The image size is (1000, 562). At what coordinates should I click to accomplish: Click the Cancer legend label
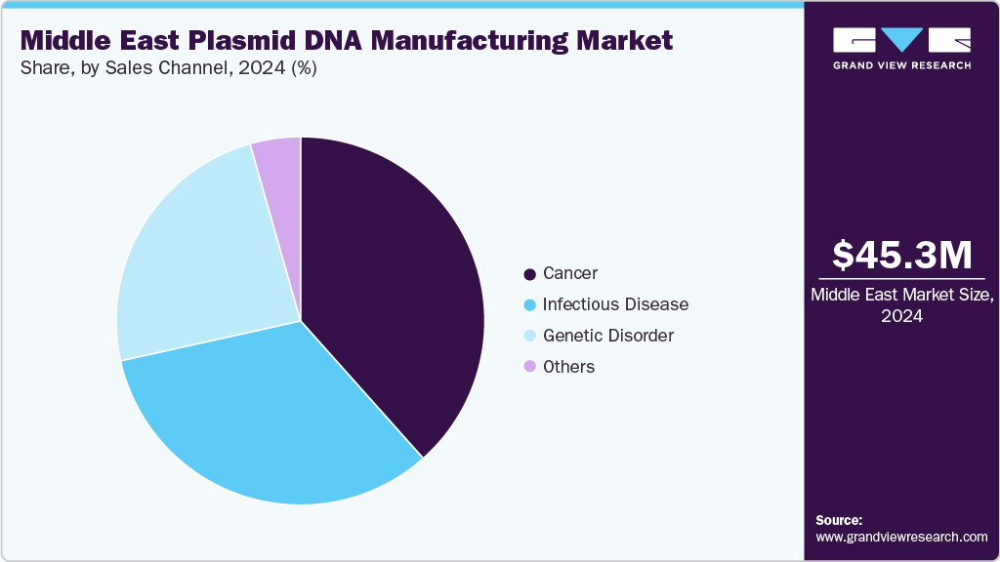point(570,273)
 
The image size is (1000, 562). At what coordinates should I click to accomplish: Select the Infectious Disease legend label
point(615,304)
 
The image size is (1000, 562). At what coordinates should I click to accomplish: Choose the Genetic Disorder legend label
point(607,336)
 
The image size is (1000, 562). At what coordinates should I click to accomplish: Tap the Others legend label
point(568,367)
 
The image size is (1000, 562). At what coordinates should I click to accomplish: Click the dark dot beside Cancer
point(529,274)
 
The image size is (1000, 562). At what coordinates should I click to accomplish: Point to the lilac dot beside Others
point(529,367)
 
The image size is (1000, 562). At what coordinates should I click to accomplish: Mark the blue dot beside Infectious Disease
point(529,304)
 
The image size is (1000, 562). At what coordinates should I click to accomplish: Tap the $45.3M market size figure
point(901,255)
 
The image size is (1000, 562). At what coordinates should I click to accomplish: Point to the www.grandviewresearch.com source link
point(901,537)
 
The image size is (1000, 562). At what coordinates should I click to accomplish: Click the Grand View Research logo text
point(901,65)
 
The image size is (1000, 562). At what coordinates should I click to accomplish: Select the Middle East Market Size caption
point(901,304)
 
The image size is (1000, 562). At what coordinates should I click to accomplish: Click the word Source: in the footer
point(839,520)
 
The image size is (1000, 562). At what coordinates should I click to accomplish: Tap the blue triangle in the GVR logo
point(901,40)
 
